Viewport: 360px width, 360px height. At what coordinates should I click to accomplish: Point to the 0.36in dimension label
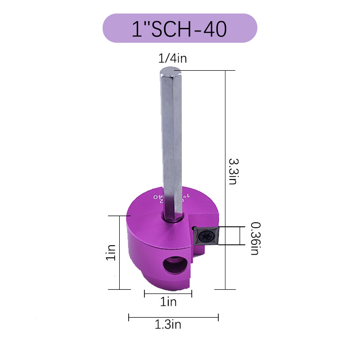coord(255,238)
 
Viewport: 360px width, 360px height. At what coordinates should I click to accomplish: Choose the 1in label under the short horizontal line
coord(168,302)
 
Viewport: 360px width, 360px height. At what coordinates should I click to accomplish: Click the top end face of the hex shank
coord(171,71)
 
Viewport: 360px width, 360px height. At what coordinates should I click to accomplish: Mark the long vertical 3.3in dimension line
coord(225,180)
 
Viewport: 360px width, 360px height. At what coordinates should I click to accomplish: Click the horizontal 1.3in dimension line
coord(173,317)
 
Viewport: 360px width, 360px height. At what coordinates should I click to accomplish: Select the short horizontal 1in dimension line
coord(168,294)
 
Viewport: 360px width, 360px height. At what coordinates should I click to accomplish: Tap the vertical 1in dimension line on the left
coord(120,252)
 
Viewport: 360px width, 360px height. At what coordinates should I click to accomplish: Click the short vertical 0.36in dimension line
coord(239,236)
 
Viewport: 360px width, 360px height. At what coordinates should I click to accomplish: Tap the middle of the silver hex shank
coord(171,144)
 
